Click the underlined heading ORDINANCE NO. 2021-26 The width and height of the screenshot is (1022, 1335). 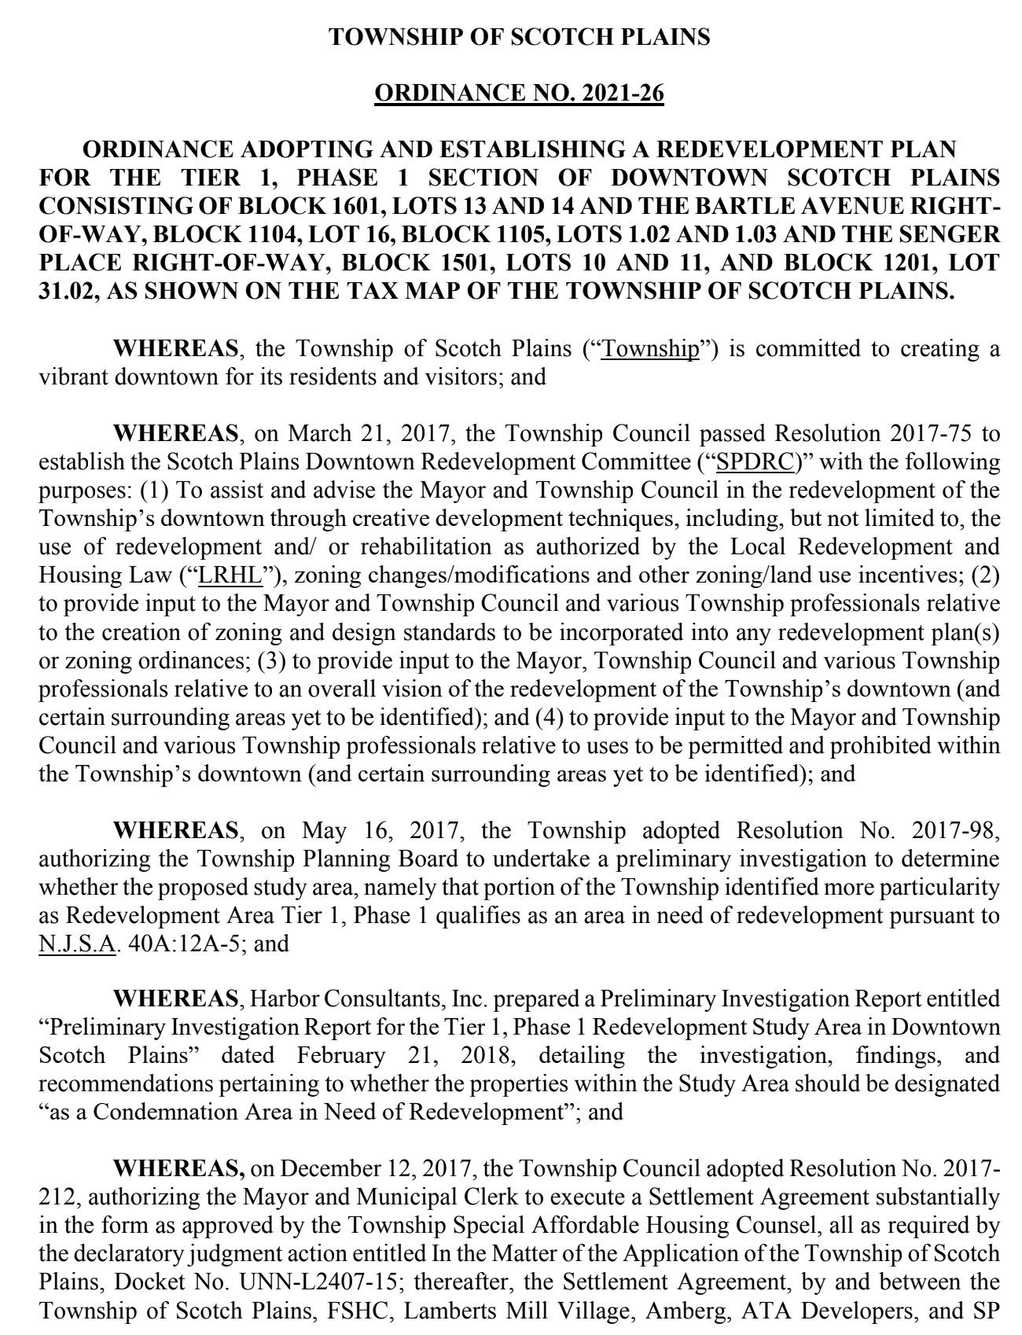coord(519,94)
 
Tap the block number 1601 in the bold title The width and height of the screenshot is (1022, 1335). coord(351,206)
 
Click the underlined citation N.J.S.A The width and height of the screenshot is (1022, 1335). coord(77,943)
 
